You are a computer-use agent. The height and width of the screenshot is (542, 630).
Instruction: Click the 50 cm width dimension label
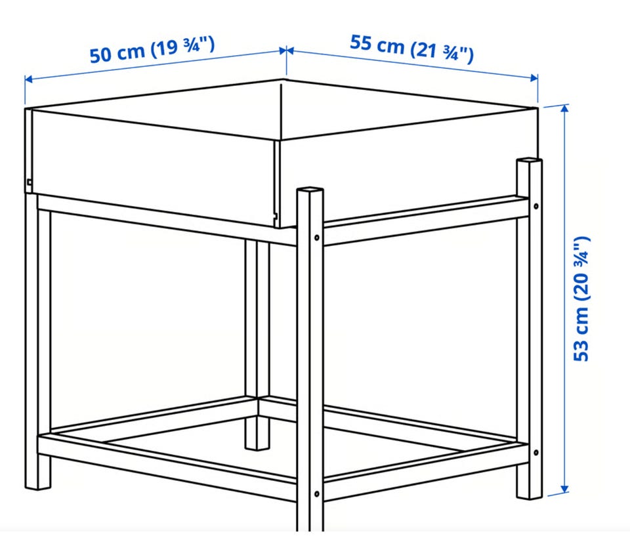click(152, 50)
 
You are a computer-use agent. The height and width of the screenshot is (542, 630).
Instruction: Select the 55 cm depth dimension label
click(411, 49)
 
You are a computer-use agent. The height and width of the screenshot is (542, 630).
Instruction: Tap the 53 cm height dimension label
click(581, 299)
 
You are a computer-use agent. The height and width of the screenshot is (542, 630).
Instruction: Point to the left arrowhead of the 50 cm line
click(28, 79)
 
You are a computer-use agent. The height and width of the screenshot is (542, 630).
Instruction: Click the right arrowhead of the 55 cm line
click(534, 78)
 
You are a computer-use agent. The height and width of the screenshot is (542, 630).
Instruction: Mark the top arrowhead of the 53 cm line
click(564, 108)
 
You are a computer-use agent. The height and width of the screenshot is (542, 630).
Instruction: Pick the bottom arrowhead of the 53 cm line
click(564, 489)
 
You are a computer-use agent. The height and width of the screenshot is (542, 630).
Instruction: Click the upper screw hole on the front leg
click(316, 238)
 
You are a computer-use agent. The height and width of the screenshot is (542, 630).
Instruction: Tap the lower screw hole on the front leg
click(316, 494)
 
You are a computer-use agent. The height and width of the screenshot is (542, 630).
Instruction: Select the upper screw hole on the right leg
click(535, 206)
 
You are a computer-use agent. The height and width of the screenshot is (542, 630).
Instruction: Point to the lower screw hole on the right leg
click(535, 453)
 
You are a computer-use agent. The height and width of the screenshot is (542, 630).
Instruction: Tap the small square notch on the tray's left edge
click(29, 182)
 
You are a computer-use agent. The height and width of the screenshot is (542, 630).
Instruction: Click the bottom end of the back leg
click(257, 446)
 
